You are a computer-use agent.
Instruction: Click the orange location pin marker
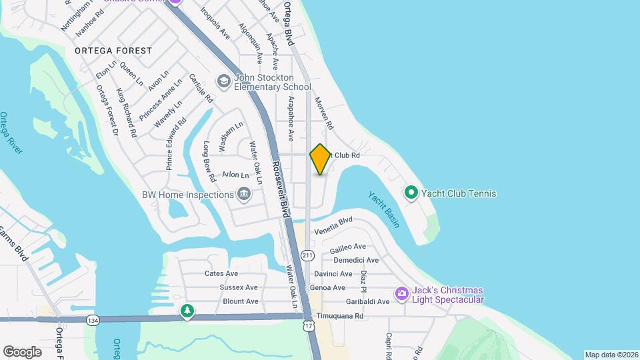pos(320,159)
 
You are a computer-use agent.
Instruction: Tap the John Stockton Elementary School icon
pos(223,82)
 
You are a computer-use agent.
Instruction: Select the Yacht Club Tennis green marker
pos(411,193)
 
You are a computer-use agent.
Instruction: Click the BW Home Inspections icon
pos(244,194)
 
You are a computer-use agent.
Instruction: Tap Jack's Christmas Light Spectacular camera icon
pos(401,293)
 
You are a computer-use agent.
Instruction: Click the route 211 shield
pos(307,255)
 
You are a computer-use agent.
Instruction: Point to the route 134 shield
pos(92,321)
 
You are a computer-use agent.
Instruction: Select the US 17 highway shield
pos(307,325)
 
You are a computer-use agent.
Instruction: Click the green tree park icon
pos(188,311)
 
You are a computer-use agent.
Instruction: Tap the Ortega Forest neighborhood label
pos(113,51)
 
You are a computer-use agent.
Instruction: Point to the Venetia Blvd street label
pos(333,225)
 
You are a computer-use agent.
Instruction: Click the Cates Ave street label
pos(221,273)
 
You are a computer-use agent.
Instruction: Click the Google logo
pos(22,351)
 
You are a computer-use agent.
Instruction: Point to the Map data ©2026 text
pos(611,355)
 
